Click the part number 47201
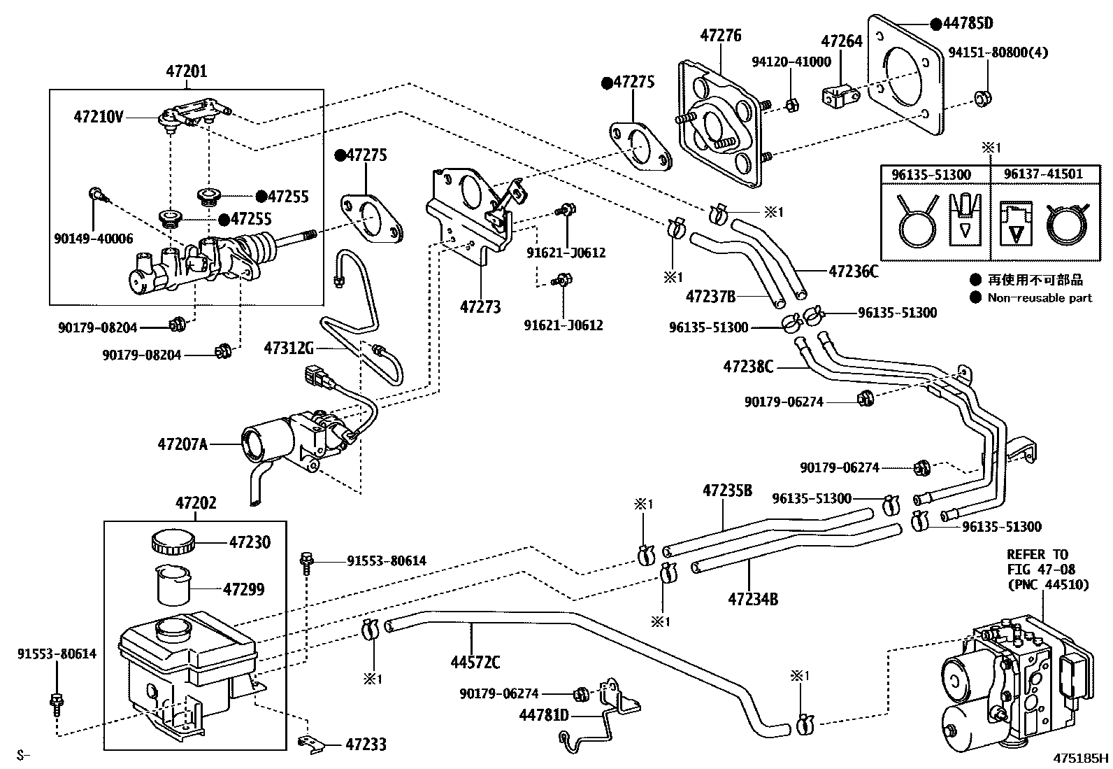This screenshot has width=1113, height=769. (x=187, y=71)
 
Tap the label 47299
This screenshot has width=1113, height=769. (x=243, y=590)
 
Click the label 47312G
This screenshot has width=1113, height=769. (x=289, y=348)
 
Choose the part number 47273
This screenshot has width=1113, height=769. (x=480, y=306)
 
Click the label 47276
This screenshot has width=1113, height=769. (x=720, y=35)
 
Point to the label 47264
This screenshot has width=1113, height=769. (x=842, y=41)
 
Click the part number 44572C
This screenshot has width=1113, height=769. (x=475, y=661)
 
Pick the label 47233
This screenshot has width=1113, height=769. (x=366, y=745)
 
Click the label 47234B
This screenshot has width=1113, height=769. (x=753, y=599)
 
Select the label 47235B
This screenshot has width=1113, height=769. (x=727, y=491)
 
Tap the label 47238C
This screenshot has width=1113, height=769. (x=748, y=366)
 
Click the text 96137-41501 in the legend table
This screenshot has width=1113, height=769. (x=1043, y=173)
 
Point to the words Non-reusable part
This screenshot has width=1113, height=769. (x=1039, y=298)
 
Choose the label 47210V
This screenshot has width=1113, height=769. (x=98, y=117)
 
